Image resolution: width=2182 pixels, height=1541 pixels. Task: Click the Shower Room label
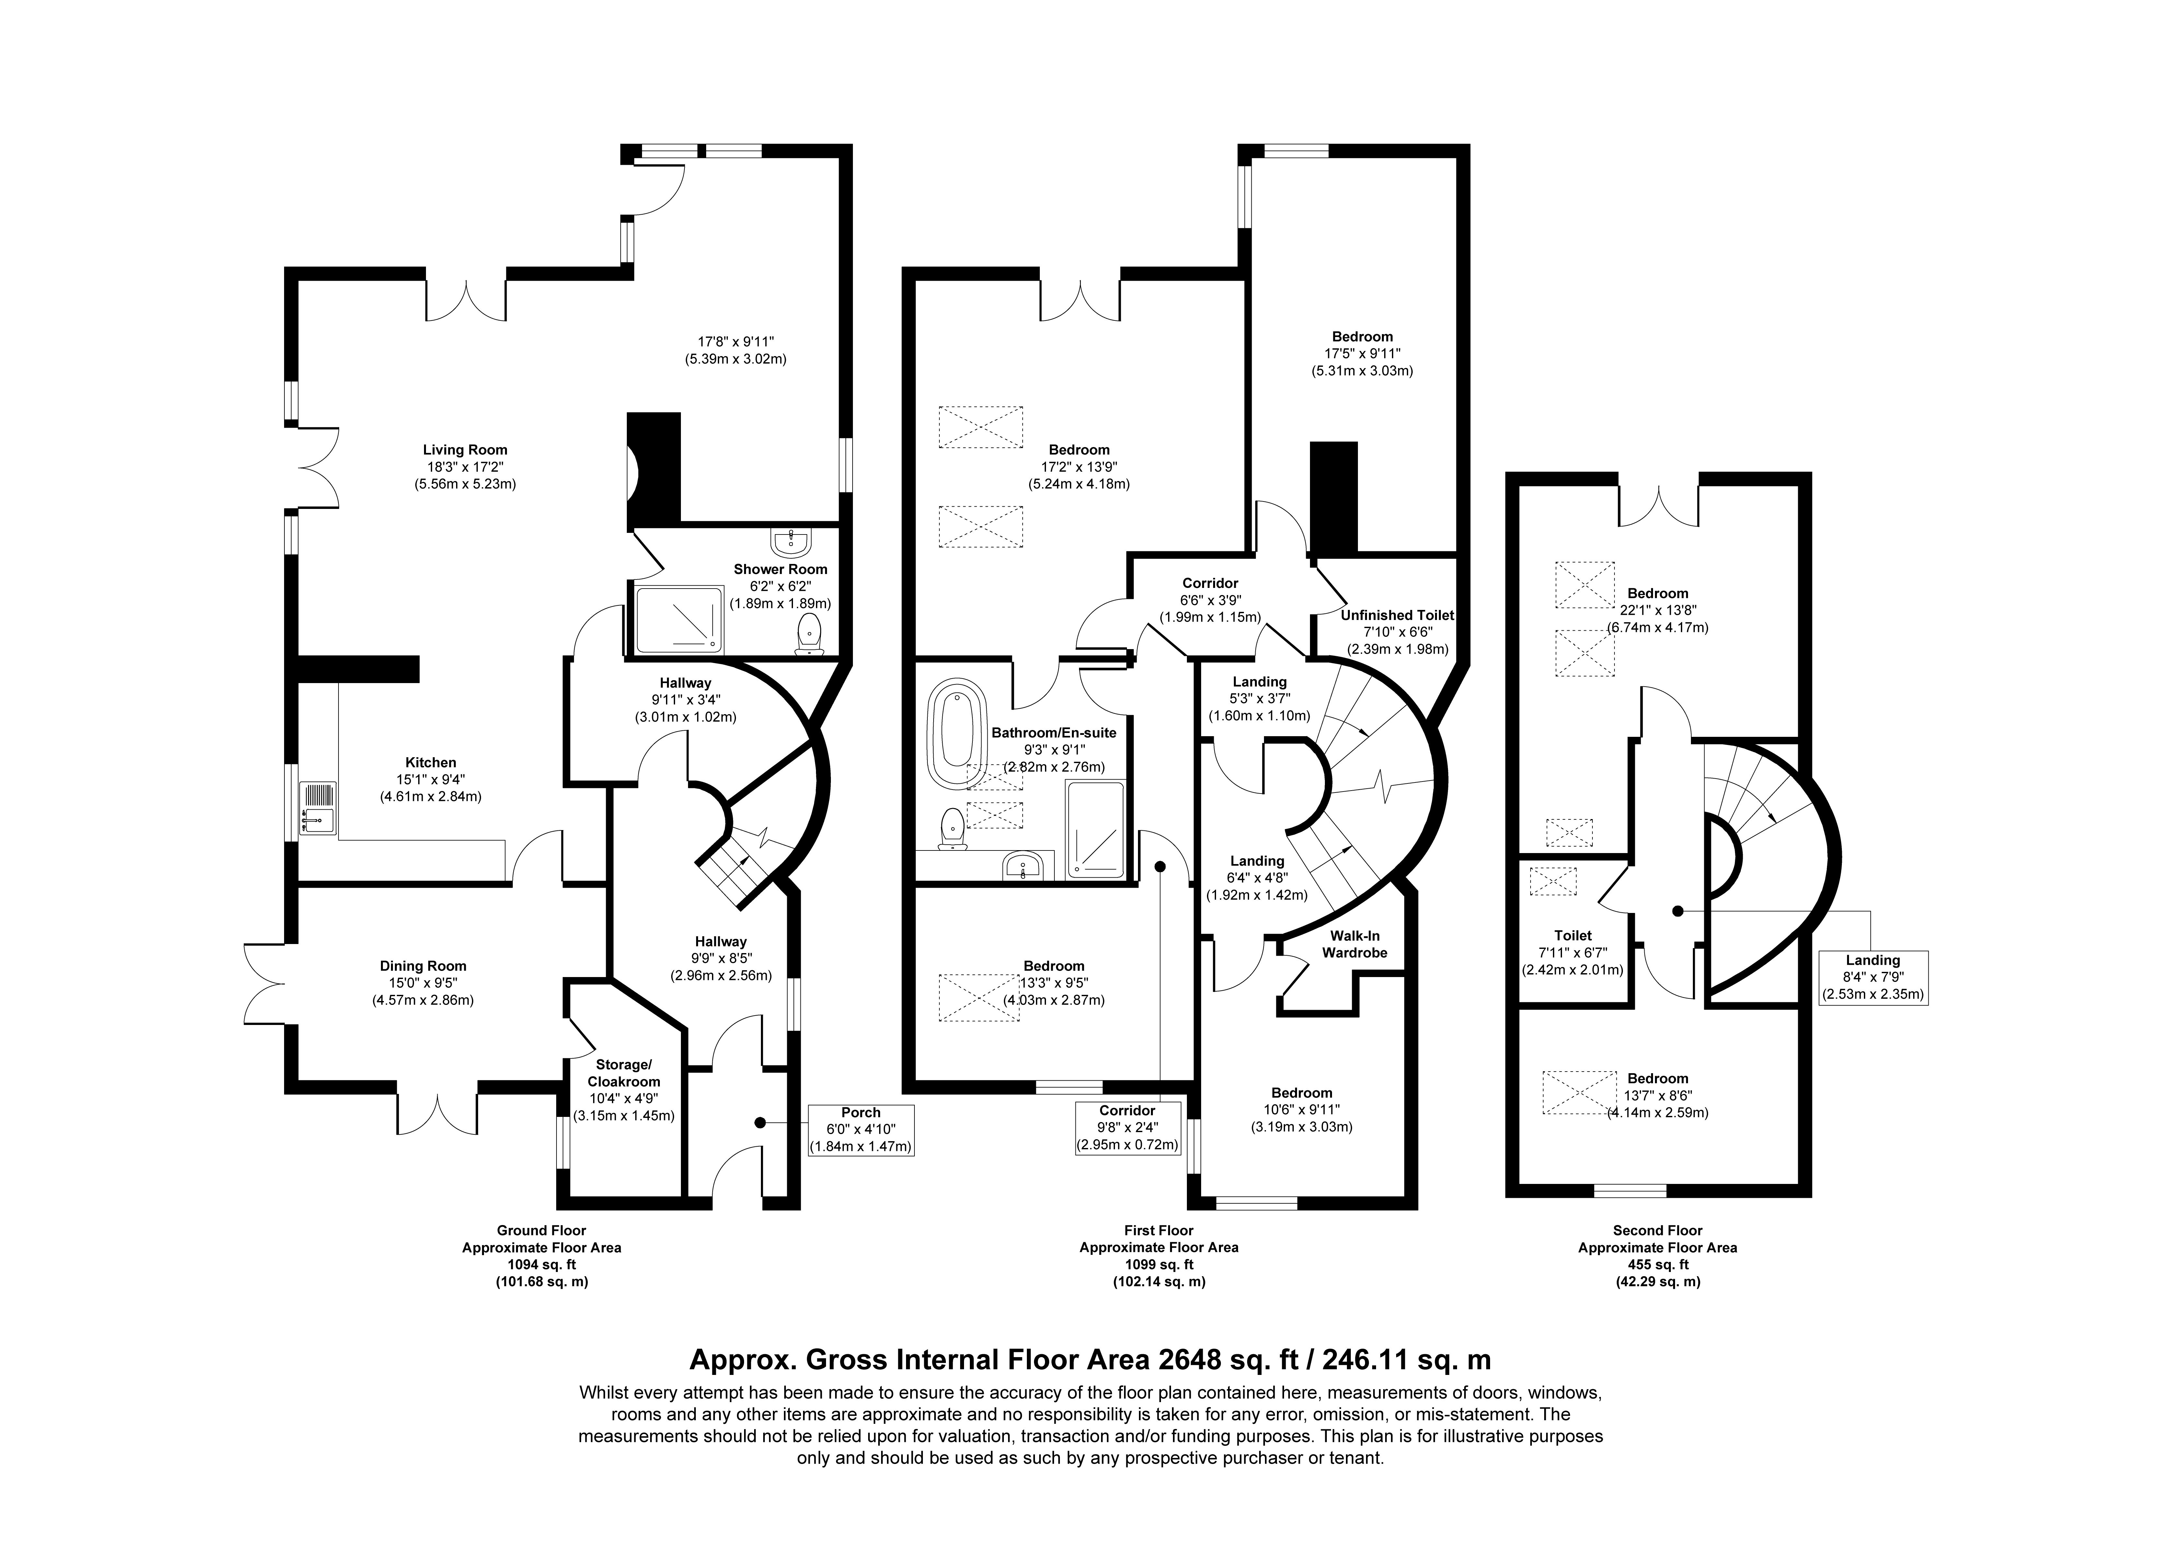[780, 569]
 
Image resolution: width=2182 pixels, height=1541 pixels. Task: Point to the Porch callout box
[861, 1130]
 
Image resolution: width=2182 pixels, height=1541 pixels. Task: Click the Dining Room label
[423, 966]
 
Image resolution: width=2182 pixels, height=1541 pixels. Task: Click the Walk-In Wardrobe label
[1354, 944]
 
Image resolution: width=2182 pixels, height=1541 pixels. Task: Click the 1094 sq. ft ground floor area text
[542, 1265]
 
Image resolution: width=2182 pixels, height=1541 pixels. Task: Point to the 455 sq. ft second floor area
[1658, 1265]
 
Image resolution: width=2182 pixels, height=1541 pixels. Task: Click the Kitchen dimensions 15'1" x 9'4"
[431, 780]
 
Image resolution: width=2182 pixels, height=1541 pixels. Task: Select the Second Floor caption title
[1658, 1230]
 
